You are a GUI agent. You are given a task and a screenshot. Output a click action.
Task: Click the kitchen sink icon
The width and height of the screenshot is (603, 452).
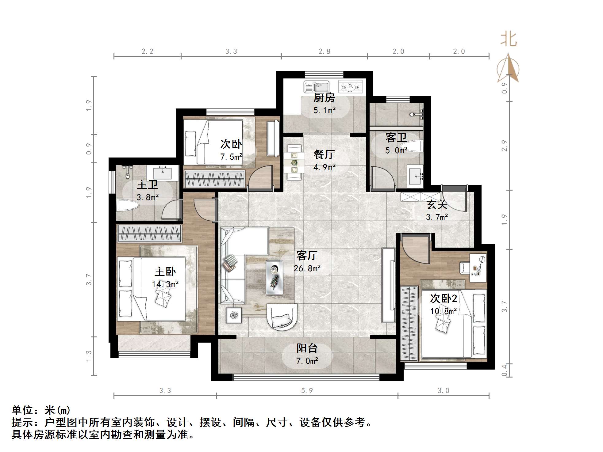(316, 87)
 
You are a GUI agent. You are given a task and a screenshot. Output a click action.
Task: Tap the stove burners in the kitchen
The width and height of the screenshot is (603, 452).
(350, 86)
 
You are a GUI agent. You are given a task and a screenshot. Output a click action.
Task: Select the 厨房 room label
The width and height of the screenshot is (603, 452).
(324, 98)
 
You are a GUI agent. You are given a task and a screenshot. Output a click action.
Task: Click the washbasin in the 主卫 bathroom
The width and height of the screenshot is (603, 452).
(162, 173)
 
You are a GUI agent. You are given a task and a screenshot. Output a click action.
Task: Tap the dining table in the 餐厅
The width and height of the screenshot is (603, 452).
(294, 162)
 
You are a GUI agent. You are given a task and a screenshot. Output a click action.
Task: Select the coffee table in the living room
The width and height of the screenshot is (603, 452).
(274, 277)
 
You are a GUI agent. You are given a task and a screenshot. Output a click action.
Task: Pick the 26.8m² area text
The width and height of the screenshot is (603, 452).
(307, 268)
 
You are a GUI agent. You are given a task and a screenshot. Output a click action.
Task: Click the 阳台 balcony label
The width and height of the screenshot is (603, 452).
(307, 348)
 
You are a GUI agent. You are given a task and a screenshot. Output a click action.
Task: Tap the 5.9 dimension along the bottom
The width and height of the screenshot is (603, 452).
(307, 391)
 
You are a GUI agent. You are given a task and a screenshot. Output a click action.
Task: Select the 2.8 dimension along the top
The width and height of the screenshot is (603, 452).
(324, 51)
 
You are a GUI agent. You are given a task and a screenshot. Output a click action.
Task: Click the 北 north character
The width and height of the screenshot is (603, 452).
(508, 40)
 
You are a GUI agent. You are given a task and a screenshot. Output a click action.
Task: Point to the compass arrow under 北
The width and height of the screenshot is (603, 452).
(508, 68)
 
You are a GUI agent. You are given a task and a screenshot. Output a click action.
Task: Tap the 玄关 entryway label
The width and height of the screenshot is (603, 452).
(437, 204)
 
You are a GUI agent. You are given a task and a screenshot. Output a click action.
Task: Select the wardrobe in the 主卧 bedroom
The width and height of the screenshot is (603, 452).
(149, 233)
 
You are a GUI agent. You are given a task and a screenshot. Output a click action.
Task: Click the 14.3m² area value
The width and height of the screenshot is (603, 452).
(165, 284)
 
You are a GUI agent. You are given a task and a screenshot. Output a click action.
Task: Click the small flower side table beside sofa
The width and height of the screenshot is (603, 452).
(234, 315)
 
